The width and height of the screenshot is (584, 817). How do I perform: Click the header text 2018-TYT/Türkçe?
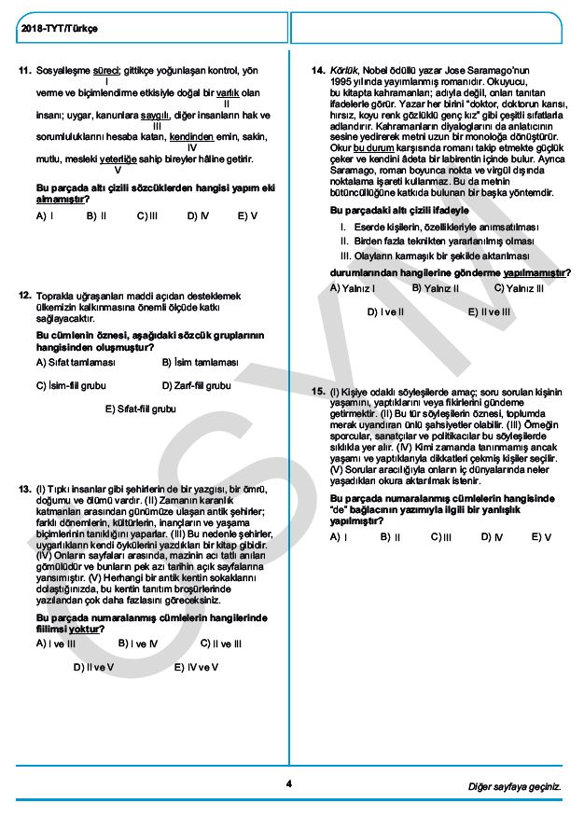(x=59, y=29)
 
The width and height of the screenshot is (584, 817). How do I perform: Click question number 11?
(x=25, y=70)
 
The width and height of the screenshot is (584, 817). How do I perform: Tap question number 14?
(x=318, y=70)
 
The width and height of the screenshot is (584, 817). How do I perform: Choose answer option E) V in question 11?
(x=246, y=215)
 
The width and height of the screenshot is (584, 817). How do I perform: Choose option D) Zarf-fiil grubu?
(x=196, y=385)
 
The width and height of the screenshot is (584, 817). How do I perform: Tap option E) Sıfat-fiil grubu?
(x=140, y=408)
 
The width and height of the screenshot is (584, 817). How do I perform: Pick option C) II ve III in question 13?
(x=221, y=644)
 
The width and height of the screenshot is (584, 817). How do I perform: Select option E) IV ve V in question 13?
(x=197, y=667)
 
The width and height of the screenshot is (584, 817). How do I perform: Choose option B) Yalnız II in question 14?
(x=435, y=288)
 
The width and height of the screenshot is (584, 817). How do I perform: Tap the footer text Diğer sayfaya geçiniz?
(x=515, y=786)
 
